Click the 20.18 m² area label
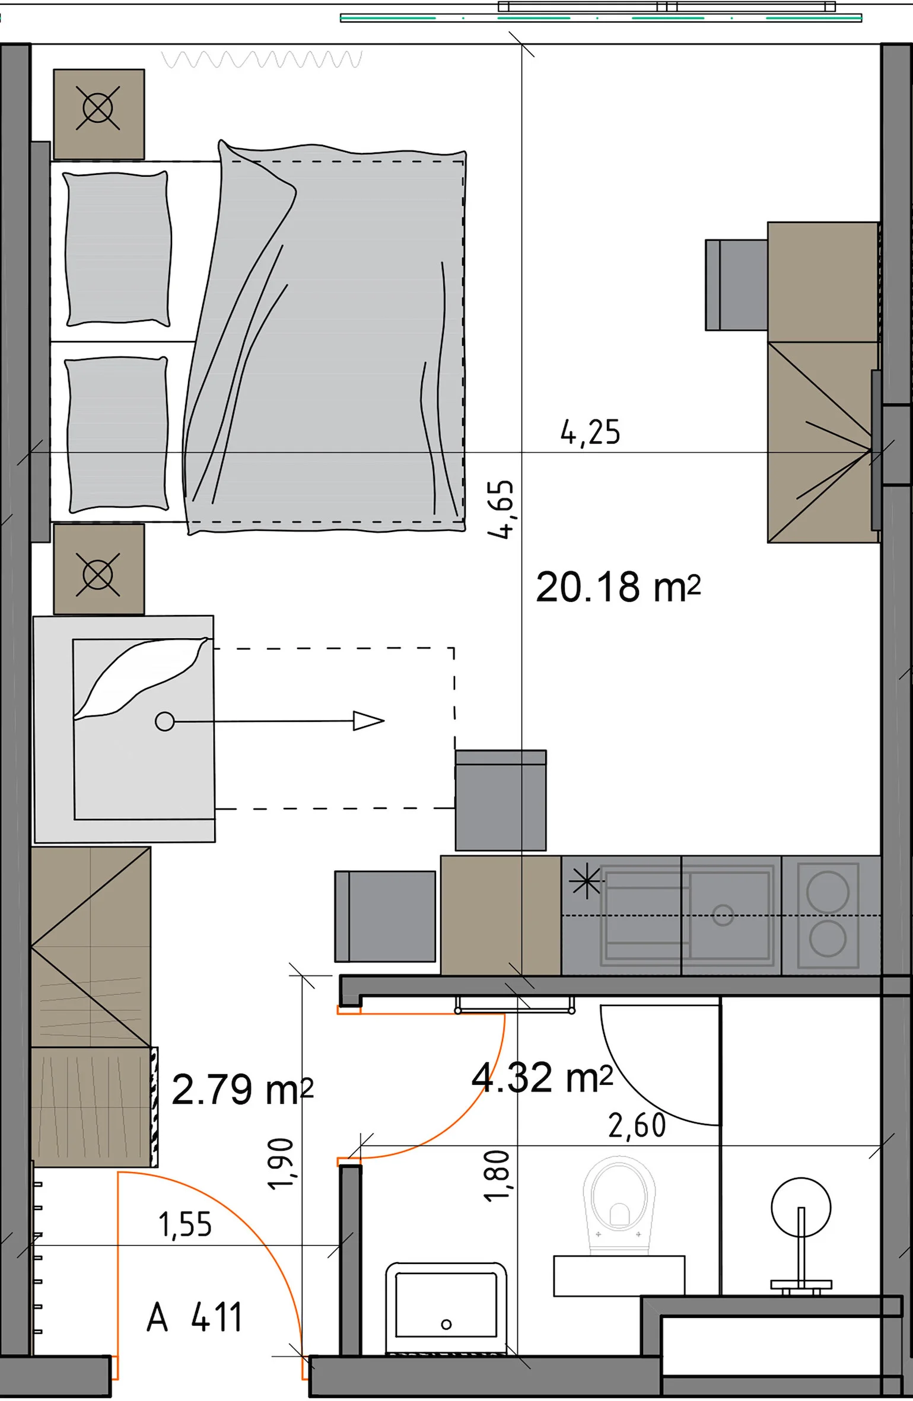pyautogui.click(x=618, y=587)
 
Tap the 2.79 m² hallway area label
pyautogui.click(x=242, y=1089)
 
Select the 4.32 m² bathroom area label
pyautogui.click(x=542, y=1077)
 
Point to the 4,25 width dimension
pyautogui.click(x=590, y=432)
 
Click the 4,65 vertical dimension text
pyautogui.click(x=500, y=509)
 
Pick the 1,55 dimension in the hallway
pyautogui.click(x=185, y=1224)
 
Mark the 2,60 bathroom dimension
pyautogui.click(x=637, y=1125)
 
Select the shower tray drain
pyautogui.click(x=447, y=1324)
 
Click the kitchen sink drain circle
pyautogui.click(x=723, y=915)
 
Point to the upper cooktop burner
pyautogui.click(x=828, y=891)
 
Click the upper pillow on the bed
pyautogui.click(x=117, y=249)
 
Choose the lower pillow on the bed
pyautogui.click(x=117, y=434)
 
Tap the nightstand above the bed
pyautogui.click(x=99, y=114)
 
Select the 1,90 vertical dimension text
pyautogui.click(x=281, y=1164)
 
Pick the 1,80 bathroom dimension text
pyautogui.click(x=497, y=1176)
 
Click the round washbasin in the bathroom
pyautogui.click(x=801, y=1208)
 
